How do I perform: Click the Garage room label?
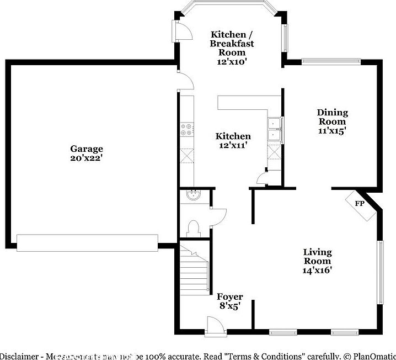86,149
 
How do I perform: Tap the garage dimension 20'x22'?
86,157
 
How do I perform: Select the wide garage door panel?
87,242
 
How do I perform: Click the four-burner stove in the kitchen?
187,130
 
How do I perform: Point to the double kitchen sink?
274,130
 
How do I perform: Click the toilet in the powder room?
193,227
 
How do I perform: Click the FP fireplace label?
359,204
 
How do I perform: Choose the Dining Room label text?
332,117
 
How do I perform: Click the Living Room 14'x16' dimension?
317,271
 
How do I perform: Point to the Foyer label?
229,297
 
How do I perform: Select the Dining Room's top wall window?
331,62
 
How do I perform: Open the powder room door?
218,215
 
